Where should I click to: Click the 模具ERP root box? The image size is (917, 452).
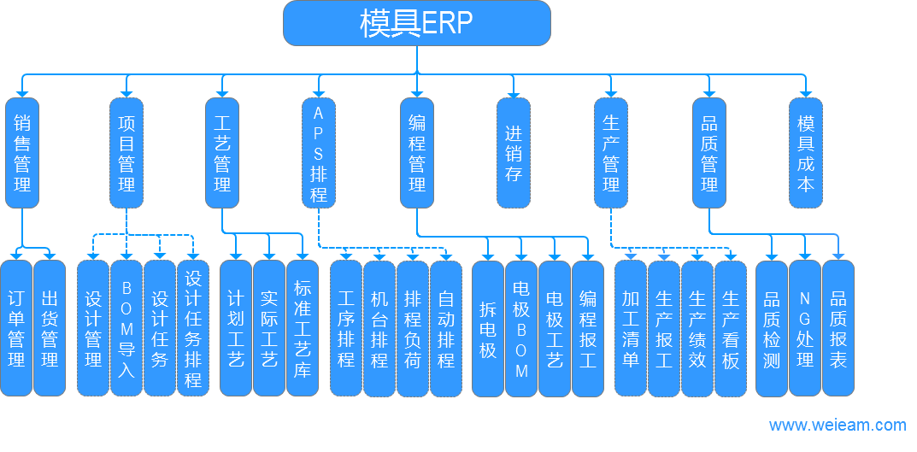tap(416, 23)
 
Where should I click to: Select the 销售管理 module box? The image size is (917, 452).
tap(22, 153)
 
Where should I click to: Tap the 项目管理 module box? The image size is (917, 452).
tap(126, 153)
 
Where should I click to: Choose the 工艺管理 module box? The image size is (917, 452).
tap(222, 153)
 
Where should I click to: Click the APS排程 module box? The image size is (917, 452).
tap(319, 153)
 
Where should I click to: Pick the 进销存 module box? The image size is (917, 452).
tap(513, 153)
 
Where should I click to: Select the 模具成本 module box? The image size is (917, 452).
tap(805, 153)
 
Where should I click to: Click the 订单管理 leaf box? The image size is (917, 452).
tap(16, 328)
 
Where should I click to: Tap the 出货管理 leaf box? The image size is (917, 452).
tap(50, 328)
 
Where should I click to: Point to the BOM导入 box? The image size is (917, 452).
tap(126, 328)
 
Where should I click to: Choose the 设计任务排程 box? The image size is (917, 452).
tap(193, 328)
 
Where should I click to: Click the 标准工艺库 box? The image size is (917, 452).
tap(303, 328)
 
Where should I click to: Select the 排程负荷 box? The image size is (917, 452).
tap(413, 328)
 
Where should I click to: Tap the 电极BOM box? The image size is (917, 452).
tap(521, 328)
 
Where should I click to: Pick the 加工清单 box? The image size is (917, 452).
tap(631, 328)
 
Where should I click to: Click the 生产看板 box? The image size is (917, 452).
tap(731, 328)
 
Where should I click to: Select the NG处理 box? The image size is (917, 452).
tap(804, 328)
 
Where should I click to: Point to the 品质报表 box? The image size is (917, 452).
tap(838, 328)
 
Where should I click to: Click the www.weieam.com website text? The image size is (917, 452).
tap(837, 425)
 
